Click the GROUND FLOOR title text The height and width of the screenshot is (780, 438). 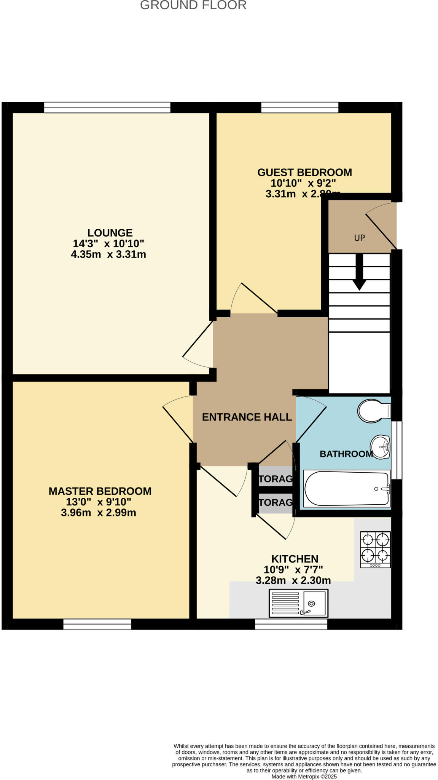(x=193, y=5)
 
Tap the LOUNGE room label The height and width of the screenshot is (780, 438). (x=110, y=233)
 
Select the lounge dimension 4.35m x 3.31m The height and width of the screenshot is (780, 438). (x=108, y=254)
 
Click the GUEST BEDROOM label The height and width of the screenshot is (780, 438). (x=304, y=173)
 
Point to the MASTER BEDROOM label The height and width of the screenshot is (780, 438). (x=100, y=491)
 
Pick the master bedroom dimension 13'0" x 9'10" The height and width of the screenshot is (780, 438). (x=99, y=502)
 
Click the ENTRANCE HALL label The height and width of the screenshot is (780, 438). (x=247, y=417)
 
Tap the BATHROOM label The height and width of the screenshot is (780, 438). (x=346, y=454)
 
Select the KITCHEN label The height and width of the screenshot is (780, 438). (x=295, y=559)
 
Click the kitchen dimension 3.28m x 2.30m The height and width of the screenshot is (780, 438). (x=293, y=580)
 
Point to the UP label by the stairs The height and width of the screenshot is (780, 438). (x=359, y=238)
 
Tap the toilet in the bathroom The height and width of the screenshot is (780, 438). (x=373, y=411)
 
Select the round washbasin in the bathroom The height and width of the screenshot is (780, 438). (x=380, y=447)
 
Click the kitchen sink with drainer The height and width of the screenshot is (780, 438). (x=298, y=603)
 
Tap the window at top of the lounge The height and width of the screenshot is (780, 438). (x=107, y=108)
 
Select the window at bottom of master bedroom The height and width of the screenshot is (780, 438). (x=97, y=624)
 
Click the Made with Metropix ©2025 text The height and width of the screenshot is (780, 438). (x=304, y=777)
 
